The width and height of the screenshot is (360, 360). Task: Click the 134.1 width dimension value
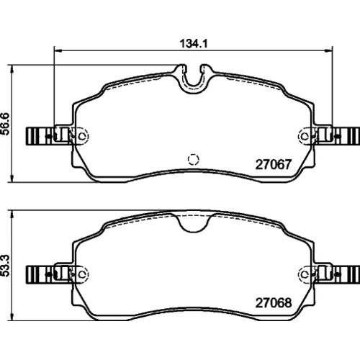(194, 44)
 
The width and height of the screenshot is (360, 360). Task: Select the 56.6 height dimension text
(5, 124)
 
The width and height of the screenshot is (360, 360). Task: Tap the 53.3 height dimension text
(5, 266)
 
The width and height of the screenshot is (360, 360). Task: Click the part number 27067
(274, 165)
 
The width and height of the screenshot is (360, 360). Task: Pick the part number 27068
(274, 303)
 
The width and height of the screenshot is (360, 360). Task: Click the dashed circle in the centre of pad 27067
(193, 159)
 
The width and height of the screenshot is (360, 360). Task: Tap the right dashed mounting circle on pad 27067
(305, 136)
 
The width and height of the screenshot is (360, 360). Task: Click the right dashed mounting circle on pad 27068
(305, 274)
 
